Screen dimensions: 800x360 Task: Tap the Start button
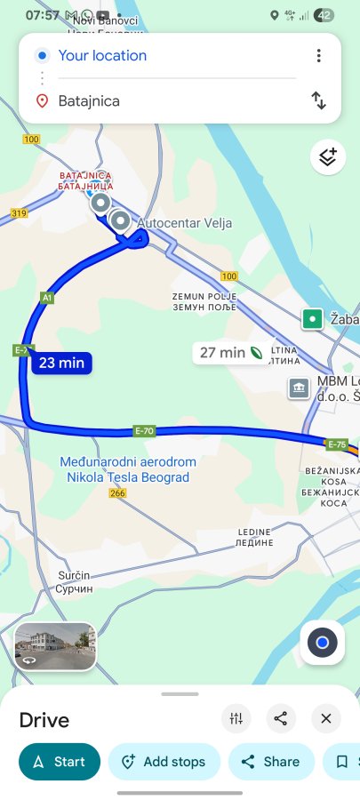(x=60, y=762)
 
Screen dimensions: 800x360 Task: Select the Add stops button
(x=164, y=762)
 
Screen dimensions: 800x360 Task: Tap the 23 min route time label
(x=60, y=363)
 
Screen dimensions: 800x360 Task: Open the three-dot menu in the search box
(x=318, y=56)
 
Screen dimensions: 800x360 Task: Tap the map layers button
(x=328, y=158)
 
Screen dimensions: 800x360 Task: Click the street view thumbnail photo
(x=55, y=646)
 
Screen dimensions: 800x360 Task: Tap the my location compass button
(x=322, y=642)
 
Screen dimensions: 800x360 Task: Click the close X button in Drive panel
(x=326, y=718)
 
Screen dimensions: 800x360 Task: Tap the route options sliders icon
(x=236, y=718)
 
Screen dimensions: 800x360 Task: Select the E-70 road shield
(x=144, y=431)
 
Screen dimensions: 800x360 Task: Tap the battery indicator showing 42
(x=325, y=15)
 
